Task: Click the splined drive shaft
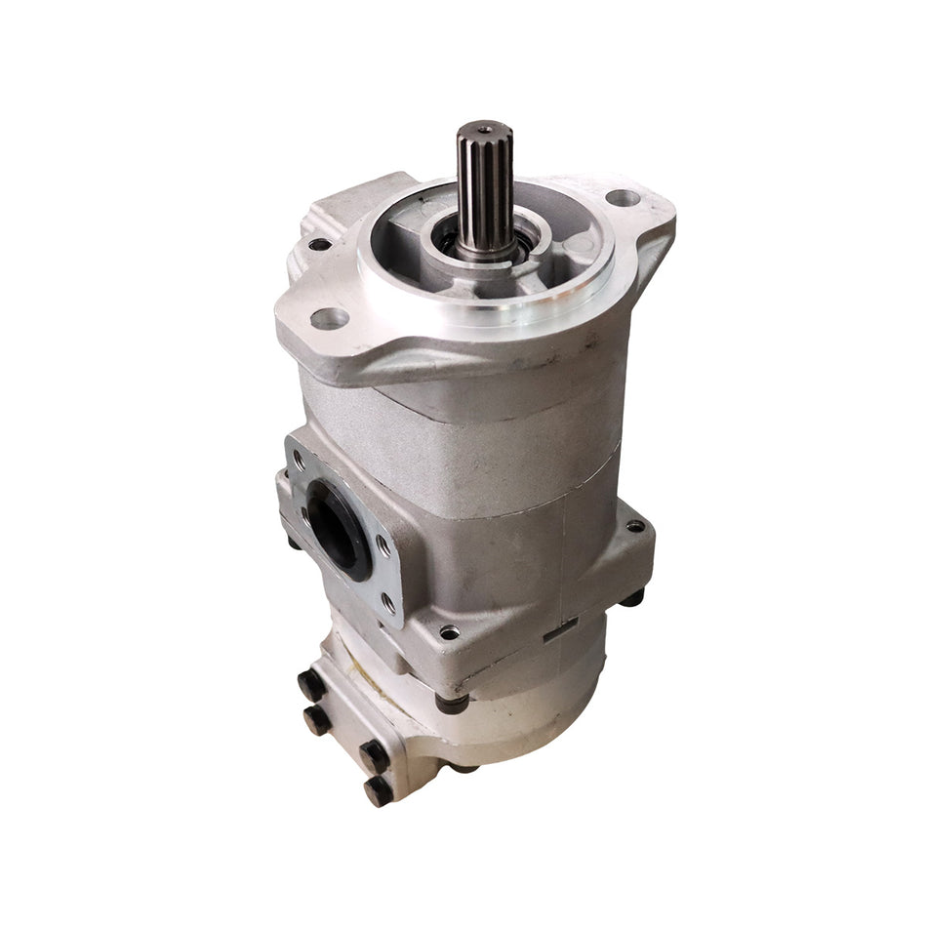pyautogui.click(x=485, y=190)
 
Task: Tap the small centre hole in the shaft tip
pyautogui.click(x=485, y=128)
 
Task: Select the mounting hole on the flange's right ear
pyautogui.click(x=623, y=198)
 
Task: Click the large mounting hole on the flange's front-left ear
pyautogui.click(x=329, y=318)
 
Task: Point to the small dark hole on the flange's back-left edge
pyautogui.click(x=319, y=244)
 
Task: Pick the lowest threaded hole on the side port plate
pyautogui.click(x=387, y=606)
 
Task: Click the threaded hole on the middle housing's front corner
pyautogui.click(x=449, y=632)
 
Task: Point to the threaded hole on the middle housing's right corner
pyautogui.click(x=635, y=526)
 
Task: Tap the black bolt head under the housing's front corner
pyautogui.click(x=451, y=701)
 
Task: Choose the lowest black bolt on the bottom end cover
pyautogui.click(x=378, y=788)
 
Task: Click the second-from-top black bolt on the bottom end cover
pyautogui.click(x=317, y=720)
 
